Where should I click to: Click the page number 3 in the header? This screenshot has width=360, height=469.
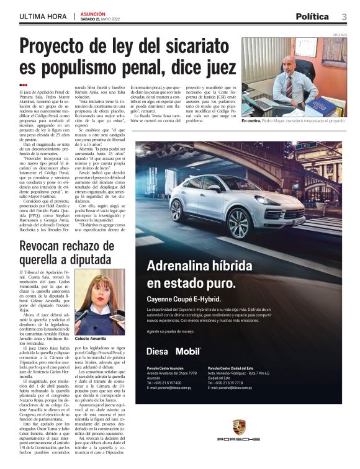(343, 16)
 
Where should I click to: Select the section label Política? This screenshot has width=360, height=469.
(312, 16)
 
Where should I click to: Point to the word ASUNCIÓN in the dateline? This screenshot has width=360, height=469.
(93, 13)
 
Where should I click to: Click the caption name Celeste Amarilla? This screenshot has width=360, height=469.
(91, 339)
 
